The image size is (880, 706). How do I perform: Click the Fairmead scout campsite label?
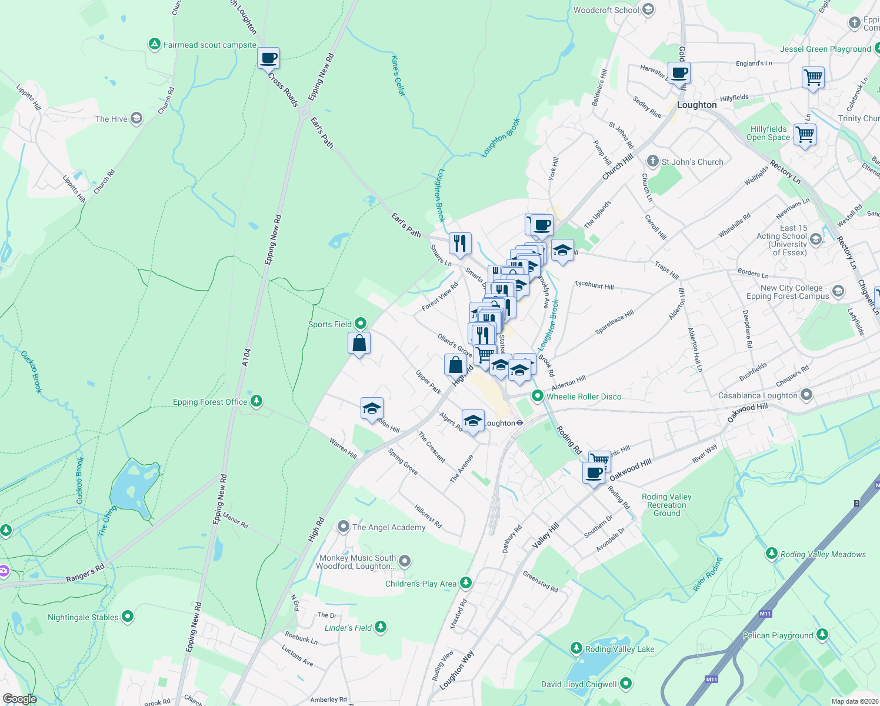coord(209,45)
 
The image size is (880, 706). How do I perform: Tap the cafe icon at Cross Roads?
coord(268,58)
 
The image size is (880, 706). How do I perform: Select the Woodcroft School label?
coord(606,10)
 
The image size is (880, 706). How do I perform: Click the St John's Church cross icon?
coord(652,161)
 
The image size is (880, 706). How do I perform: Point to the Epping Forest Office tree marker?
coord(256,401)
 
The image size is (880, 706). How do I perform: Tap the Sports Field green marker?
coord(361,324)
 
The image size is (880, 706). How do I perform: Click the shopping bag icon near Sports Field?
coord(359,343)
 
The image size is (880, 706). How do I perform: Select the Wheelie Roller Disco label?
coord(584,397)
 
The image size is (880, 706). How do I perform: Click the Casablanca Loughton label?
coord(758,395)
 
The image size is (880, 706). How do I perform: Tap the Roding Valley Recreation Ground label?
coord(666,505)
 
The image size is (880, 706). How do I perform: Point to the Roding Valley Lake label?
coord(619,649)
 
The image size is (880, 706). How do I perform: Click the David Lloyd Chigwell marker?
coord(626,684)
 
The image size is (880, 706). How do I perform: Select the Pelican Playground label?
coord(778,635)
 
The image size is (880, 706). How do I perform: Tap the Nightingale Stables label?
coord(83,617)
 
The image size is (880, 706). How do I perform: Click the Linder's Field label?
coord(348,628)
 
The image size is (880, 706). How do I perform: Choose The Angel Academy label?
coord(388,527)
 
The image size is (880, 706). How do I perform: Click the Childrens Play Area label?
coord(421,584)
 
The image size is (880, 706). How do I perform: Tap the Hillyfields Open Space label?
coord(768,133)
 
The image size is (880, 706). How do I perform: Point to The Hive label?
coord(111,119)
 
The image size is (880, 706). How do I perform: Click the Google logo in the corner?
coord(19,698)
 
